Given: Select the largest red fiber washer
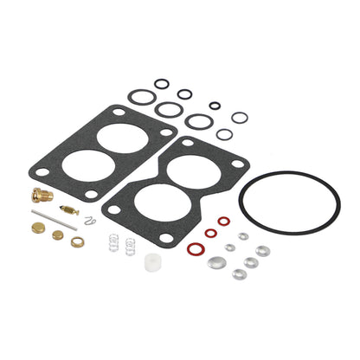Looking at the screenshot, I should click(x=195, y=248).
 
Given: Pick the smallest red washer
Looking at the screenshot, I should click(x=223, y=222).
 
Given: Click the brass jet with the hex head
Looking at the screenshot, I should click(x=42, y=196).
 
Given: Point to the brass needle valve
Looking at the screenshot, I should click(x=69, y=210).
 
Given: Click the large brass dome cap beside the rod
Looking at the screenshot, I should click(x=39, y=228).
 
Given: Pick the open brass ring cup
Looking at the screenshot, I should click(x=78, y=241).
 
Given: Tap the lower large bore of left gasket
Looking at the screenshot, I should click(x=88, y=164).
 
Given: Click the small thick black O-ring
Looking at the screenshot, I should click(x=215, y=106).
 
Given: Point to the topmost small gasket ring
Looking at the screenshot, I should click(x=162, y=84).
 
